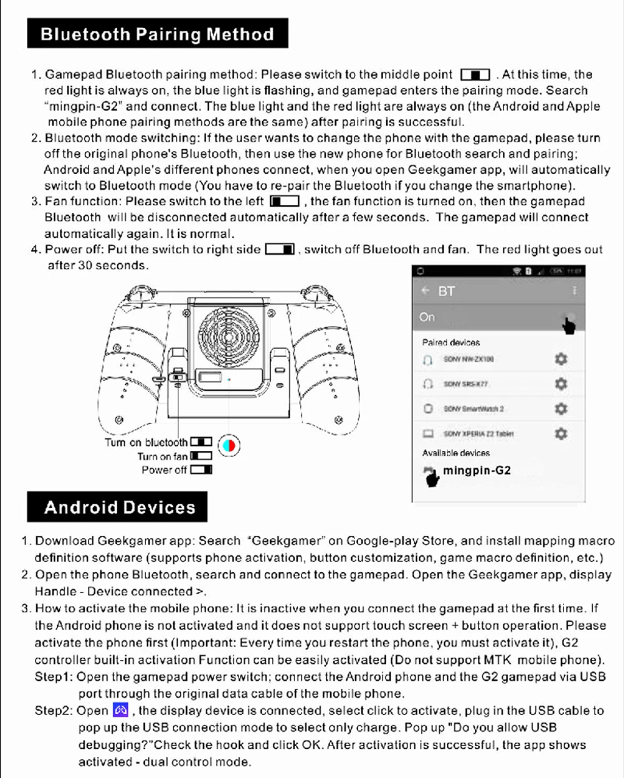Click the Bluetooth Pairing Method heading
[157, 34]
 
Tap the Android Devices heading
[120, 507]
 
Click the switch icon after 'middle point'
[475, 75]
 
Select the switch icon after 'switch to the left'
[285, 202]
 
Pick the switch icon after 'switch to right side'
[280, 250]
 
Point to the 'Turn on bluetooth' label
[146, 442]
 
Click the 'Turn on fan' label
[162, 456]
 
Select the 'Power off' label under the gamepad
[164, 470]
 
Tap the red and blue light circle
[229, 445]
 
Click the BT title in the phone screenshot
[447, 291]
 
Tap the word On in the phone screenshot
[427, 317]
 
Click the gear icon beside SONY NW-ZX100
[561, 359]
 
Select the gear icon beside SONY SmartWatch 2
[561, 408]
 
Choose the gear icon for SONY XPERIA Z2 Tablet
[561, 433]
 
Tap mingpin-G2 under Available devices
[477, 471]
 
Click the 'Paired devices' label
[451, 342]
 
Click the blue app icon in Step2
[120, 710]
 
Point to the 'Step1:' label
[54, 677]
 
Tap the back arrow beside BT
[426, 291]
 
